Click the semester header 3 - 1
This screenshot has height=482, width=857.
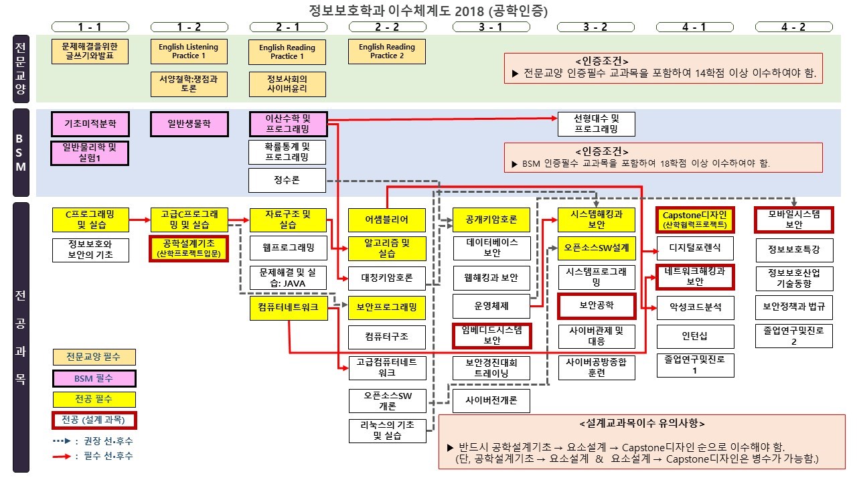491,27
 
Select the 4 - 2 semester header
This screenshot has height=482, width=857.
794,27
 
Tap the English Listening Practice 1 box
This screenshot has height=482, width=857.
189,52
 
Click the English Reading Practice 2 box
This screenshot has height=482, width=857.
387,52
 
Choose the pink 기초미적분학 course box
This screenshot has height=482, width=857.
90,124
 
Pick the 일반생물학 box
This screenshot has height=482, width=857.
189,124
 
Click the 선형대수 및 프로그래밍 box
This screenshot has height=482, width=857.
596,124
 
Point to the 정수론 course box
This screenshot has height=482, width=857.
287,180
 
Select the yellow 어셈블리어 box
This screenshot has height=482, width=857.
387,220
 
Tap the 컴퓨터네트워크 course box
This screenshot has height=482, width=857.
288,307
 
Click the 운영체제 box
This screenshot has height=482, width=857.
491,306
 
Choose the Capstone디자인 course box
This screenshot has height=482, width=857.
694,220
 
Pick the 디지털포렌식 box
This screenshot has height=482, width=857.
695,248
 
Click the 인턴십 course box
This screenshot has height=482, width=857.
695,334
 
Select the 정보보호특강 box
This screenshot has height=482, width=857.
794,250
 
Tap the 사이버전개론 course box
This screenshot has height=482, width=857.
491,401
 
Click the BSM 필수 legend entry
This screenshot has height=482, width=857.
94,378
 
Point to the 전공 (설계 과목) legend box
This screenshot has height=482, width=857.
94,420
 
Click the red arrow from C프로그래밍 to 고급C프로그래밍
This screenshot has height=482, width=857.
139,219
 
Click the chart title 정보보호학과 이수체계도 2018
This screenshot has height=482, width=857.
428,10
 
